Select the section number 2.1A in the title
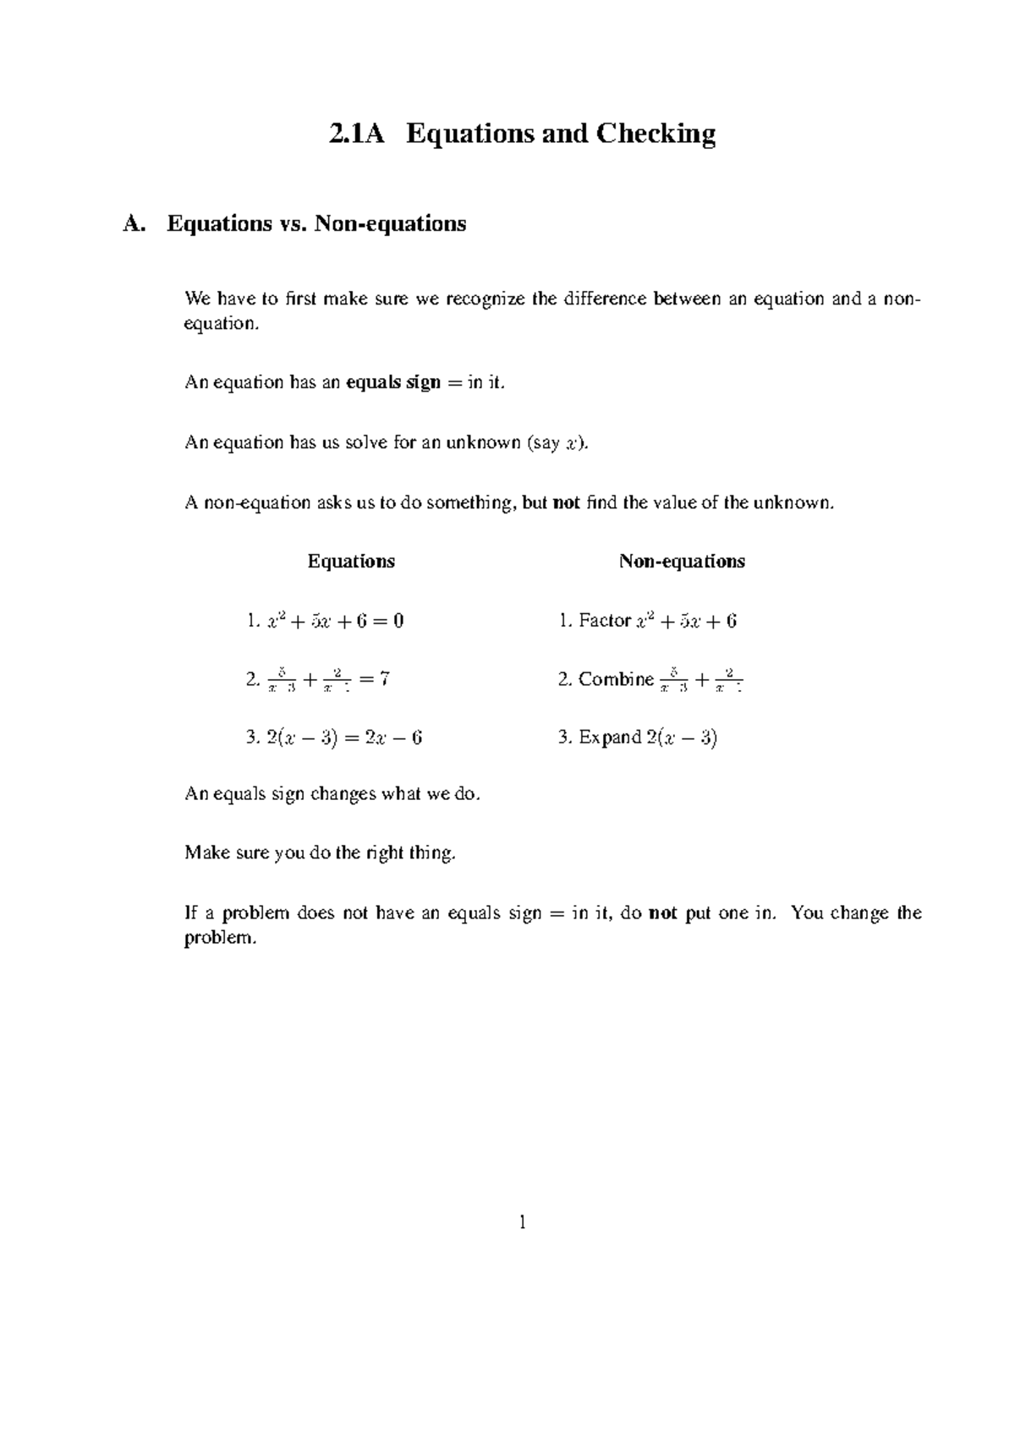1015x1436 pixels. tap(356, 134)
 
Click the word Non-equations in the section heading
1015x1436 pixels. tap(390, 224)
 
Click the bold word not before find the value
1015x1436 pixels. tap(566, 503)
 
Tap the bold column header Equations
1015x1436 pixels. tap(351, 562)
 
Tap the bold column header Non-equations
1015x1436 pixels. tap(682, 562)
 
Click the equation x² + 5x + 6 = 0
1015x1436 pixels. tap(335, 621)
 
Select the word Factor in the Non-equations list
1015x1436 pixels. tap(604, 621)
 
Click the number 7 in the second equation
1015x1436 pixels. tap(384, 678)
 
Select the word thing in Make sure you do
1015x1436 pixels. tap(433, 852)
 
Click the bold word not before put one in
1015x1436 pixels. tap(662, 913)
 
